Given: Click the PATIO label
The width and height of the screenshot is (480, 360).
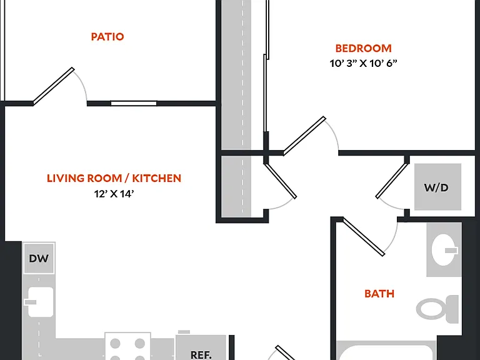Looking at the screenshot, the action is coord(107,37).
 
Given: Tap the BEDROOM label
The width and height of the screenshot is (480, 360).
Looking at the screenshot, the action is coord(363,48).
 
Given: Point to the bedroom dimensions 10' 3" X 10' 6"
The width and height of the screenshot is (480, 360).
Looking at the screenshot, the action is coord(363,63).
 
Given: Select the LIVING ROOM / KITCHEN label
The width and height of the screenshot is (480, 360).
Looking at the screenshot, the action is coord(114,178).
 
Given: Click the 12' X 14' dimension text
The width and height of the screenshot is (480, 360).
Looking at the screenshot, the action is coord(114,194).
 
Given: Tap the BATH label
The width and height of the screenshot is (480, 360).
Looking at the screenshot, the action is coord(379,294).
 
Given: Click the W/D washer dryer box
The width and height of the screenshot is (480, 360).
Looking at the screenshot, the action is coord(437,187).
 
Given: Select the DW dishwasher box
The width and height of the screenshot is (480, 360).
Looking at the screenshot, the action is coord(39,258).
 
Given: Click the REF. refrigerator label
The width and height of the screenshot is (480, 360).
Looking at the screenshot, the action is coord(201,355).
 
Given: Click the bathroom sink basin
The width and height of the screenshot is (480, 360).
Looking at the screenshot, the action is coord(444,249).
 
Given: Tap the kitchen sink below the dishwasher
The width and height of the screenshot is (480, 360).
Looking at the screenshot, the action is coord(40,302).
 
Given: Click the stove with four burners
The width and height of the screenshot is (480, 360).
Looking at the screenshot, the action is coord(127,346).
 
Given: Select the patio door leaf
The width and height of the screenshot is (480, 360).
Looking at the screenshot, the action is coord(54,86).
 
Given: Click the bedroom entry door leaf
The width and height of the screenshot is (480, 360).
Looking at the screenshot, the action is coord(304,136).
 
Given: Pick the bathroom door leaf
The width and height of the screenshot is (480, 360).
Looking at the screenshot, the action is coord(363,237).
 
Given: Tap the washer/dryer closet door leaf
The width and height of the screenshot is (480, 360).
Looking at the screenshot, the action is coord(392,181).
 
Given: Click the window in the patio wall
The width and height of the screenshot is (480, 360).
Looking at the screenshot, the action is coord(134,103).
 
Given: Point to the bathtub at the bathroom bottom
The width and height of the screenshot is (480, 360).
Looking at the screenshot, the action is coord(386,351).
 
